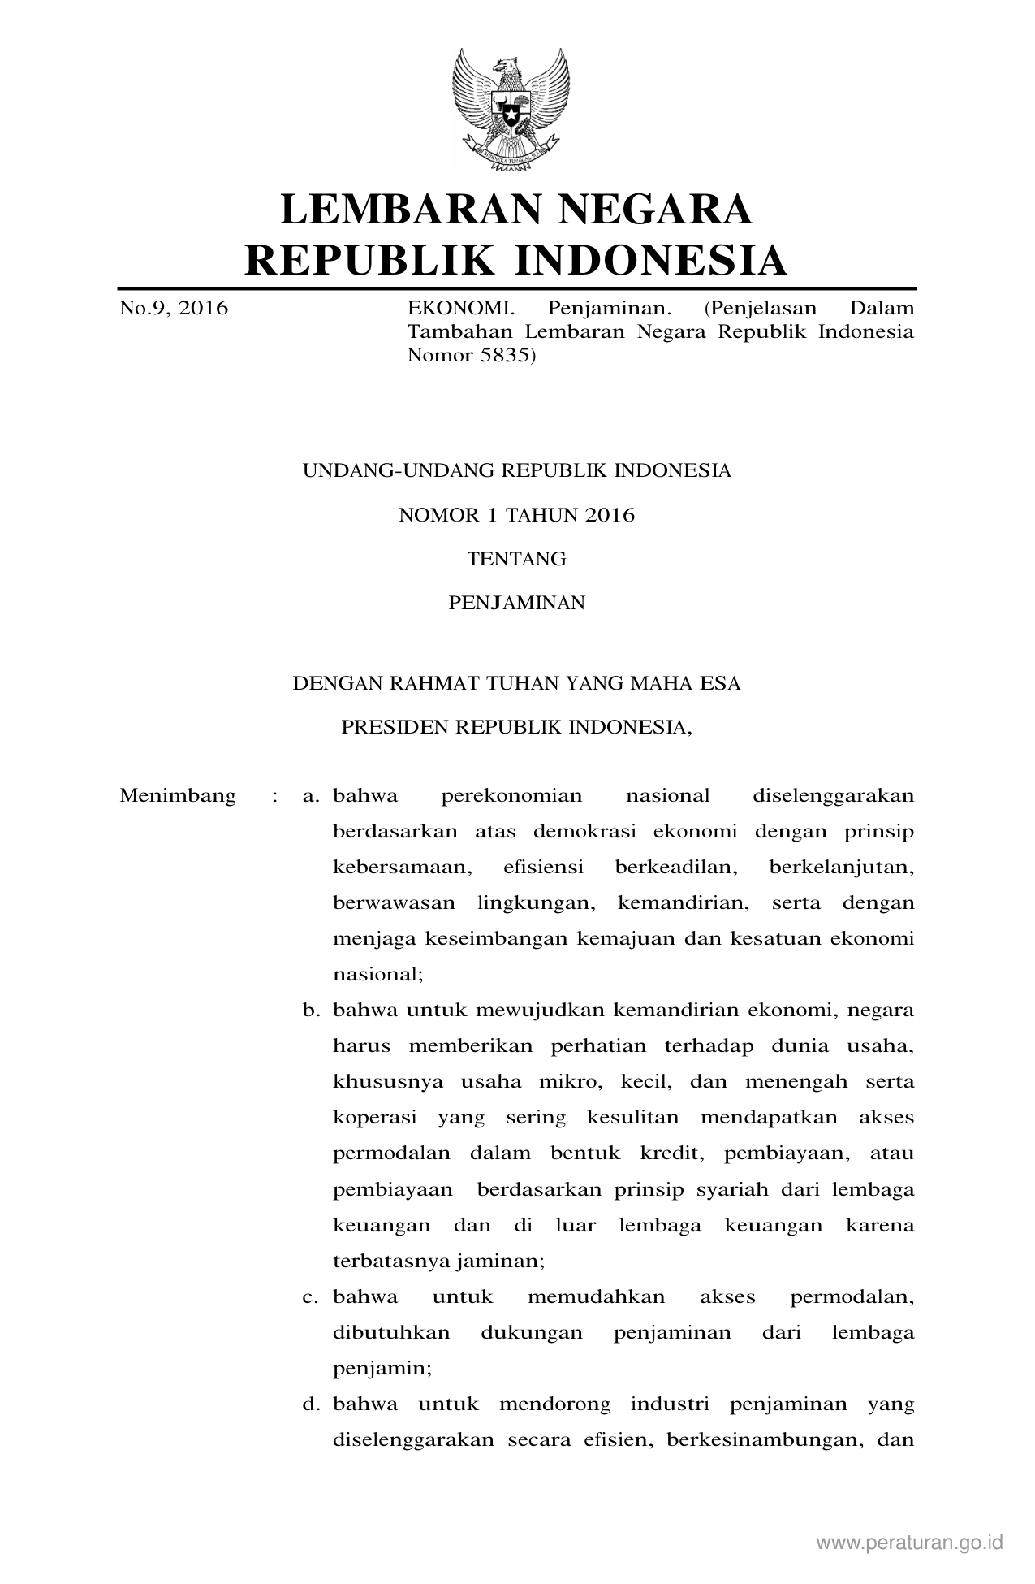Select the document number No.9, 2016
pyautogui.click(x=174, y=309)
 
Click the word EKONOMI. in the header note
pyautogui.click(x=460, y=309)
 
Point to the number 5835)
pyautogui.click(x=503, y=355)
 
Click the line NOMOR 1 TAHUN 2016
pyautogui.click(x=516, y=515)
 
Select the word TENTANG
pyautogui.click(x=516, y=559)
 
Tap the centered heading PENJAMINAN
pyautogui.click(x=516, y=603)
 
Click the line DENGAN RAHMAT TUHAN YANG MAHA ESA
pyautogui.click(x=516, y=683)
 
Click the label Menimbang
pyautogui.click(x=178, y=795)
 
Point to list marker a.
pyautogui.click(x=309, y=796)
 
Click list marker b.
pyautogui.click(x=309, y=1011)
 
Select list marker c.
pyautogui.click(x=309, y=1297)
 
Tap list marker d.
pyautogui.click(x=309, y=1404)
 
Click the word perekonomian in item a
pyautogui.click(x=511, y=796)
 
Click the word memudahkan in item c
pyautogui.click(x=596, y=1297)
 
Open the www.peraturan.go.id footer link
pyautogui.click(x=910, y=1542)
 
